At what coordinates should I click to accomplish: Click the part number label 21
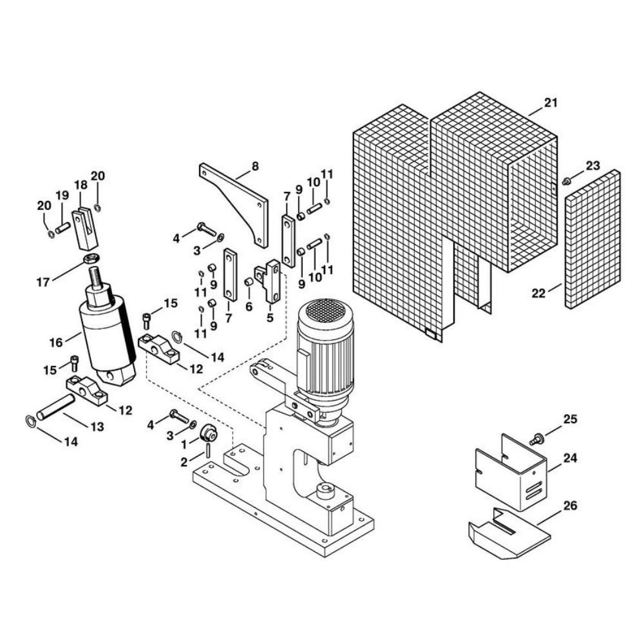point(551,102)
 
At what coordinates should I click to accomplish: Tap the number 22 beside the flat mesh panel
point(538,293)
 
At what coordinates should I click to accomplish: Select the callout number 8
point(255,166)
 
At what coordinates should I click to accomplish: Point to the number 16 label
point(56,342)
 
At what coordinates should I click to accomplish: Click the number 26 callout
point(570,505)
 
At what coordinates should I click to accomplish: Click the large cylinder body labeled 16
point(108,333)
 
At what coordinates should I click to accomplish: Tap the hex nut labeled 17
point(90,259)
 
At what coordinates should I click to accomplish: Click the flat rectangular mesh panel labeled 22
point(592,240)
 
